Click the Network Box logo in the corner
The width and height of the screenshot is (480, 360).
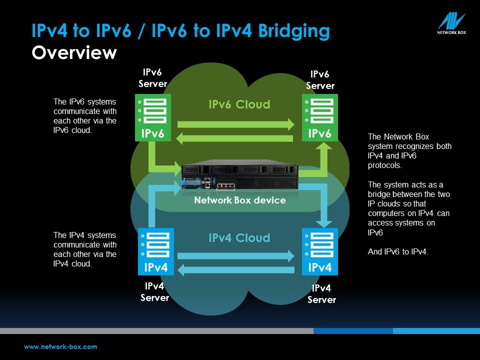click(451, 23)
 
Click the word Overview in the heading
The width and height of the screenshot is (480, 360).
click(74, 52)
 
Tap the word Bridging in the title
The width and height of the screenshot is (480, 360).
click(294, 31)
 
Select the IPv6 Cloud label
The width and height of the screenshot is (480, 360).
click(239, 104)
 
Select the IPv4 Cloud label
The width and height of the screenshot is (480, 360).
click(239, 238)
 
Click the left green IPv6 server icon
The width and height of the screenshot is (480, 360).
click(153, 117)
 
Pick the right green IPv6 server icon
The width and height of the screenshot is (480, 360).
click(320, 117)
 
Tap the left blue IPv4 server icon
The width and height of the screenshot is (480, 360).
click(156, 251)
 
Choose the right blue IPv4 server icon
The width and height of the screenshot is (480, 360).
click(320, 251)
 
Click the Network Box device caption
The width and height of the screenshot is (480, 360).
click(240, 200)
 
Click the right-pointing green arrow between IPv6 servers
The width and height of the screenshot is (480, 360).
click(235, 124)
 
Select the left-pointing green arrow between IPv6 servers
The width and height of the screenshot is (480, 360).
click(235, 138)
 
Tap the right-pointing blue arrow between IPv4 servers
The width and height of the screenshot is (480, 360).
click(235, 256)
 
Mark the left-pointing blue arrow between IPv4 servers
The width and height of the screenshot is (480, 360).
click(235, 269)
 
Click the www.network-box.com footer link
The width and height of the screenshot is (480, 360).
click(60, 347)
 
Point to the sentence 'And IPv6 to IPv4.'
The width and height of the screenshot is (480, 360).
click(398, 251)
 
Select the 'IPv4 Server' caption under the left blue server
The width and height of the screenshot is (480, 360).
click(154, 291)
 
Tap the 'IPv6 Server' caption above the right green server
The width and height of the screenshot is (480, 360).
click(320, 80)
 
